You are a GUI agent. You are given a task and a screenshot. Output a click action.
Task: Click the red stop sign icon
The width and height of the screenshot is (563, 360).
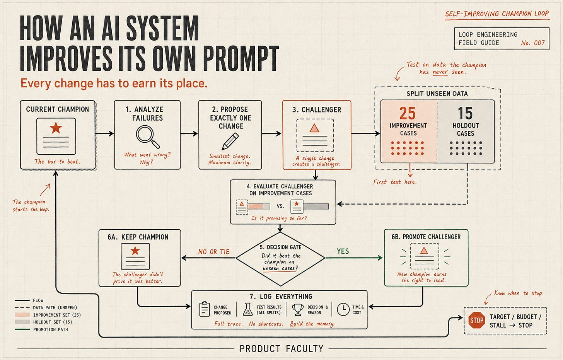tap(476, 320)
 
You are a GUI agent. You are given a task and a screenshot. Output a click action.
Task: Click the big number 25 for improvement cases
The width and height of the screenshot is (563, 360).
tap(408, 113)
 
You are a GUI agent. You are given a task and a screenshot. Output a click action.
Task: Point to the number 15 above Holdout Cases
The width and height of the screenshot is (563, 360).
tap(465, 113)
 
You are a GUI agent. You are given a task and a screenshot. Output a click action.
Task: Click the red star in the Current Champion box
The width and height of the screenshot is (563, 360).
tap(56, 128)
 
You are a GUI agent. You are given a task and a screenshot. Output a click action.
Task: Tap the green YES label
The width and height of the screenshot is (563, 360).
tap(343, 251)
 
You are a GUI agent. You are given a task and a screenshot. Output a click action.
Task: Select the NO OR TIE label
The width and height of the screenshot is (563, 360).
tap(214, 252)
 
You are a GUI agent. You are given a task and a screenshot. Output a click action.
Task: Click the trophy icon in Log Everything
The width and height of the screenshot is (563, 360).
tap(298, 309)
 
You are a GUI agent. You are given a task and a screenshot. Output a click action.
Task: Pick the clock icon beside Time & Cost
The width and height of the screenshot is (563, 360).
tap(343, 309)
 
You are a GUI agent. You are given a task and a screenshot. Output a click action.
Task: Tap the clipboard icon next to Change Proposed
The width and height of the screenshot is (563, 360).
tap(205, 309)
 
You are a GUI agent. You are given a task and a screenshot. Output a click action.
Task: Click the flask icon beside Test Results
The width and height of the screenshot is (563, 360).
tap(248, 309)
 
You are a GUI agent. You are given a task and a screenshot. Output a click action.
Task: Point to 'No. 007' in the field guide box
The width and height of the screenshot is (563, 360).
tap(533, 43)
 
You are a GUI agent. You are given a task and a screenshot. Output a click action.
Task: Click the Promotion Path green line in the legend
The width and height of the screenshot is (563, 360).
tap(22, 329)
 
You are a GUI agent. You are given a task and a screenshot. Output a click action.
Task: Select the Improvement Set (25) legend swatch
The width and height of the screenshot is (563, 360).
tap(22, 315)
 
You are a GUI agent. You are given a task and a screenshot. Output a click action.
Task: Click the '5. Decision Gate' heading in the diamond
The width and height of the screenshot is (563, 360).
tap(280, 247)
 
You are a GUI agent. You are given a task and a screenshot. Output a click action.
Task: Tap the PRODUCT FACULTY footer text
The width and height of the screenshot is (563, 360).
tap(281, 349)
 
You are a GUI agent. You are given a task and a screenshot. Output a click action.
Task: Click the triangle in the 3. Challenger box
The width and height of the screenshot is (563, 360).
tap(314, 128)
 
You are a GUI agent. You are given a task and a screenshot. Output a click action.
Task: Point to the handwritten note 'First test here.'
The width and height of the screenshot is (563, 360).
tap(395, 182)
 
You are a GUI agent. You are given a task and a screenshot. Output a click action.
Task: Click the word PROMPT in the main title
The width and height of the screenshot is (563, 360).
tap(241, 58)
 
